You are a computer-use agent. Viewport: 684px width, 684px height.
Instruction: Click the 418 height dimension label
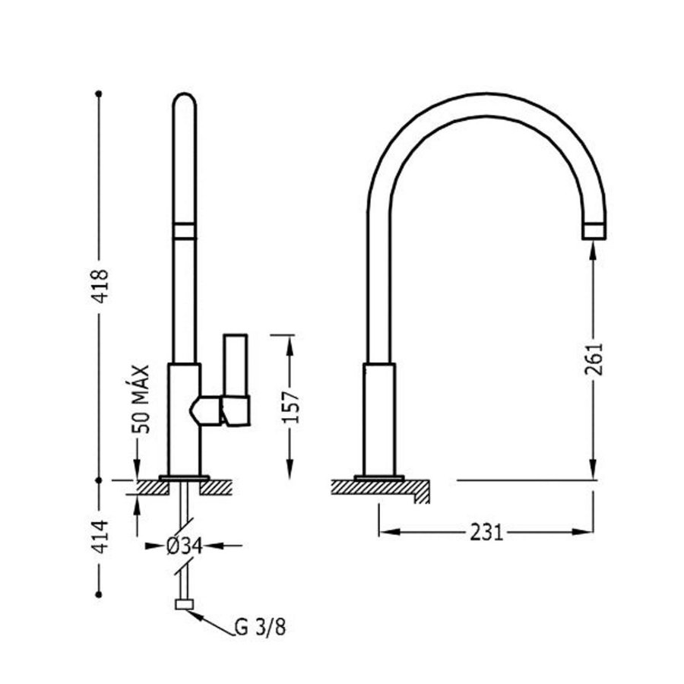100,285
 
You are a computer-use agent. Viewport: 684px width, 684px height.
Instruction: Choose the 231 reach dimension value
486,532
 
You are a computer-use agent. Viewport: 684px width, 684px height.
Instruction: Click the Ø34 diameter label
182,545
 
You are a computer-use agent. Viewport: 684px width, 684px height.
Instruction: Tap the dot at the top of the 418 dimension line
99,93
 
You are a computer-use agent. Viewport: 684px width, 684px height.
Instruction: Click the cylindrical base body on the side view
380,418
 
